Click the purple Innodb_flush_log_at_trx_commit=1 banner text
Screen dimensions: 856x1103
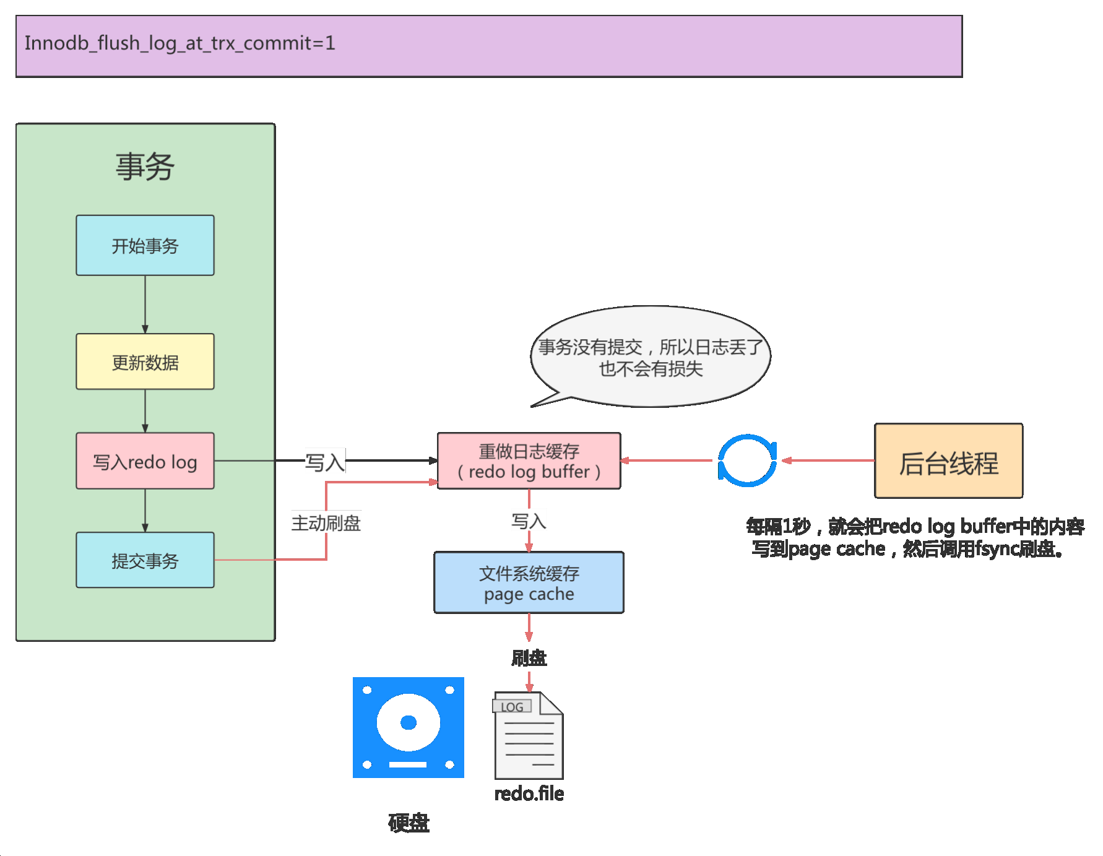pos(180,43)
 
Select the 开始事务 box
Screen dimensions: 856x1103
pos(145,246)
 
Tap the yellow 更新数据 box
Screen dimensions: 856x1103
pos(145,362)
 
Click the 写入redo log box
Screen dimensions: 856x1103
pos(145,462)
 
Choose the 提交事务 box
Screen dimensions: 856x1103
pos(145,561)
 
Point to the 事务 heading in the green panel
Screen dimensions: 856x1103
pos(145,167)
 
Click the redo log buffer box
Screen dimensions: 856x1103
pos(529,462)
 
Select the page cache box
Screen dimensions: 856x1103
pos(529,583)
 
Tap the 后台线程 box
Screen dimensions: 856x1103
pos(948,462)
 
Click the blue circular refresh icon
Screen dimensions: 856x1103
pos(747,460)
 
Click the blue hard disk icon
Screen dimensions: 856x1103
pos(408,727)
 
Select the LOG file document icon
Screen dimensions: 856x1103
pos(529,736)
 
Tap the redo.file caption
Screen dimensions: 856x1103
pos(529,793)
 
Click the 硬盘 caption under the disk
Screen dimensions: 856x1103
pos(409,823)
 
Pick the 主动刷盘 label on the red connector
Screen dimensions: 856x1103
pos(326,524)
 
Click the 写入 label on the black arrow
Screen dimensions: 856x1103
pos(325,462)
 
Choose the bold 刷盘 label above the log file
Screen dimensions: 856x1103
pos(529,657)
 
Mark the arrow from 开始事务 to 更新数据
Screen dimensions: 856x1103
pos(145,305)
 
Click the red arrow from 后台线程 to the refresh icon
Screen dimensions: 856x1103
pos(828,460)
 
